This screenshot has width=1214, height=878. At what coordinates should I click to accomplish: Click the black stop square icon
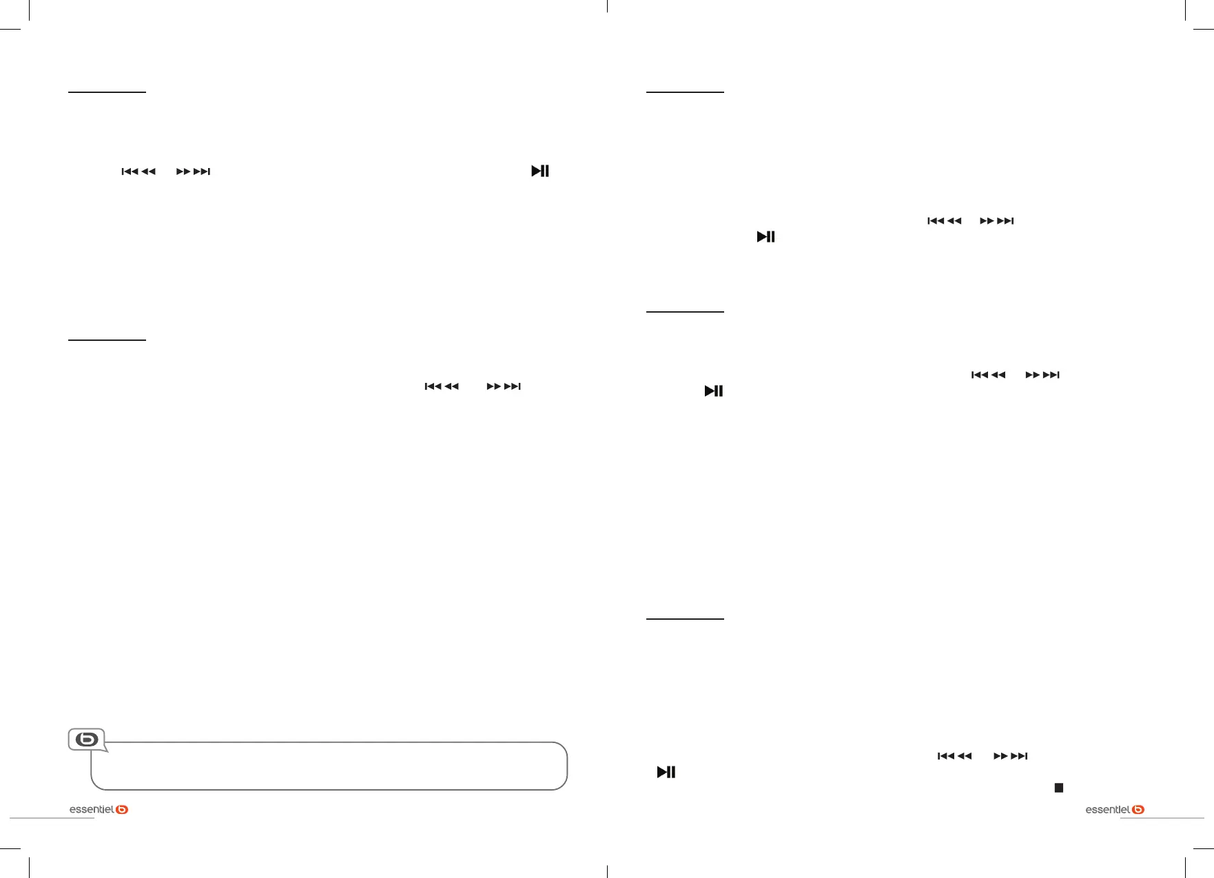pyautogui.click(x=1059, y=788)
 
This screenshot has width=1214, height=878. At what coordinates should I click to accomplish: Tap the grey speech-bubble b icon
pyautogui.click(x=87, y=740)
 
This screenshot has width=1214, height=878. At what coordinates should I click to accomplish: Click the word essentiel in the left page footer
pyautogui.click(x=92, y=809)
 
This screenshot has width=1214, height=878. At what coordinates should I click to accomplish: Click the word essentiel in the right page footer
pyautogui.click(x=1108, y=809)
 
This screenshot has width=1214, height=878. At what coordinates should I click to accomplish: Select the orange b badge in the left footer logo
pyautogui.click(x=122, y=809)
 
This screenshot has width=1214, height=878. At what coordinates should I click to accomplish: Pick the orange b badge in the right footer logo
pyautogui.click(x=1138, y=809)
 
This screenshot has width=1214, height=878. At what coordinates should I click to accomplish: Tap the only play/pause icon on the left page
pyautogui.click(x=540, y=171)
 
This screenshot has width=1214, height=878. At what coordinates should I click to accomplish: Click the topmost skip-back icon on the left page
pyautogui.click(x=138, y=171)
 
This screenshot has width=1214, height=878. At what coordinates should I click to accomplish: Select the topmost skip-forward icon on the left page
pyautogui.click(x=193, y=171)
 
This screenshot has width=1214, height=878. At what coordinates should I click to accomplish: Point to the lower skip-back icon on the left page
pyautogui.click(x=442, y=386)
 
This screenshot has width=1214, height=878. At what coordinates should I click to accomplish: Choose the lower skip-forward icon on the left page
pyautogui.click(x=504, y=386)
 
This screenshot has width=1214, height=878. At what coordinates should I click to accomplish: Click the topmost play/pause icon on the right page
pyautogui.click(x=766, y=236)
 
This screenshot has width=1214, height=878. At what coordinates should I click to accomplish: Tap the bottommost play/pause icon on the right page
pyautogui.click(x=666, y=772)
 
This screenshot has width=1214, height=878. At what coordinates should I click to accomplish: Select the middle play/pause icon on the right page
pyautogui.click(x=714, y=390)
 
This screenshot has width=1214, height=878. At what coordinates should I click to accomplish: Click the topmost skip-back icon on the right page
pyautogui.click(x=945, y=221)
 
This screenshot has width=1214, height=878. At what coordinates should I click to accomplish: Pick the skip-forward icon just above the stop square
pyautogui.click(x=1011, y=756)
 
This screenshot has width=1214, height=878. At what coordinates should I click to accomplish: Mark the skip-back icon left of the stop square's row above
pyautogui.click(x=955, y=756)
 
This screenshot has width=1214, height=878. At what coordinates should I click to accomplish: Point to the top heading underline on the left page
pyautogui.click(x=107, y=92)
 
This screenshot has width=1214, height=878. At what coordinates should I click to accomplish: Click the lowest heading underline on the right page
pyautogui.click(x=685, y=619)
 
